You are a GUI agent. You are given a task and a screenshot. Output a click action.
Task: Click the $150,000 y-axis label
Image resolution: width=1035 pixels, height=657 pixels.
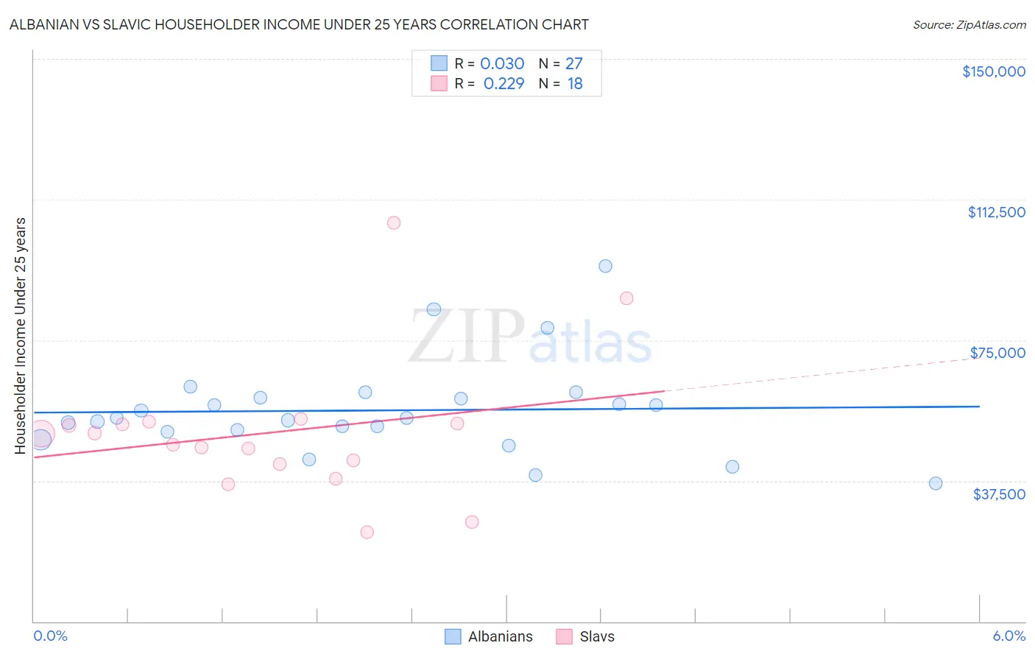coord(993,71)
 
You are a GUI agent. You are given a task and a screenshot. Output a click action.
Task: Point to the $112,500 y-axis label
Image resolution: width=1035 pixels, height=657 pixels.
coord(996,212)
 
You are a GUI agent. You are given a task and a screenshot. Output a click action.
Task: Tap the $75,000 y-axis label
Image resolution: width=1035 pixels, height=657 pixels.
coord(997,353)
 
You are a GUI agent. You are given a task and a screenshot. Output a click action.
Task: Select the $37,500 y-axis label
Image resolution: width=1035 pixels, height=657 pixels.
coord(999,494)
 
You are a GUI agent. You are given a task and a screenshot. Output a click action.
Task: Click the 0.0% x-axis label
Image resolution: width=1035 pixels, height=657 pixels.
coord(50,636)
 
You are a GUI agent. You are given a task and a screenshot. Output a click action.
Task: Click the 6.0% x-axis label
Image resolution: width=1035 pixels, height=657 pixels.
coord(1008,636)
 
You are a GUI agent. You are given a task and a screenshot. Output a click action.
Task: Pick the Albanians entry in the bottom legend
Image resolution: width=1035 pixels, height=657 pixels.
coord(489,636)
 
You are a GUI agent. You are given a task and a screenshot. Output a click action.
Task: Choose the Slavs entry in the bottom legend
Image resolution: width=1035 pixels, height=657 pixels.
coord(585,636)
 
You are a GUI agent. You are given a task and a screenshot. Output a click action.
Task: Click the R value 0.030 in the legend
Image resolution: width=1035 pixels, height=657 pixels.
coord(502,64)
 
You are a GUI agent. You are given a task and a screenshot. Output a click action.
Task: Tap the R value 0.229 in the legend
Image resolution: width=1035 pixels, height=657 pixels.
coord(504,84)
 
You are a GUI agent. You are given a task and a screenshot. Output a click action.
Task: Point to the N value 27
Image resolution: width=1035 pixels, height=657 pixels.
coord(574,64)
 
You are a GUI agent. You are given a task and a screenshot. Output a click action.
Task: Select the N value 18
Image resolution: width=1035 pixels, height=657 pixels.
coord(575,84)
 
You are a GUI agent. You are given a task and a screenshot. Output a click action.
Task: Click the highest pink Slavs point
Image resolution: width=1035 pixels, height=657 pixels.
coord(394,222)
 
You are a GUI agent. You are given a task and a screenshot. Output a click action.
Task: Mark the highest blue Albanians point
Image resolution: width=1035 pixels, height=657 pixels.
coord(605,266)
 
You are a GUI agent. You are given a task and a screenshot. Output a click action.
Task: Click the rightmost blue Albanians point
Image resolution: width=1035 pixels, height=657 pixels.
coord(936,483)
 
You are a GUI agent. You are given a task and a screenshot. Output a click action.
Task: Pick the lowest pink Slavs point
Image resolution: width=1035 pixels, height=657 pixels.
coord(367,532)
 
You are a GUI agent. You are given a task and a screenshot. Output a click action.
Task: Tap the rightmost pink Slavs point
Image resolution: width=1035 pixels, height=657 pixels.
coord(626,298)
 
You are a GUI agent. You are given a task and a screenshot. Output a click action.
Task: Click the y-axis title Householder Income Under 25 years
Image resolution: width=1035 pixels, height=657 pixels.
coord(21,336)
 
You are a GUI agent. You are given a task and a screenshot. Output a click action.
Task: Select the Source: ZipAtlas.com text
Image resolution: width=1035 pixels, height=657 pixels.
coord(969,25)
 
